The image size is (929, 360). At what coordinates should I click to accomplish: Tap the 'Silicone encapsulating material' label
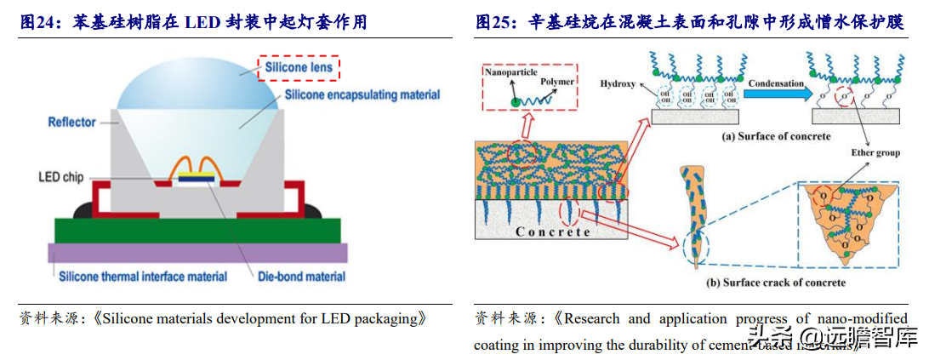[x=362, y=94]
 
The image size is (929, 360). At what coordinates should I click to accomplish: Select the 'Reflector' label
[x=71, y=123]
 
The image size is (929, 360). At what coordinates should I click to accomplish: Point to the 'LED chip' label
[x=60, y=177]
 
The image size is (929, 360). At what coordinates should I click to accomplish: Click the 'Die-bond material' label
[x=301, y=276]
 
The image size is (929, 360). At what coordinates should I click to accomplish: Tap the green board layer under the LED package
[x=196, y=230]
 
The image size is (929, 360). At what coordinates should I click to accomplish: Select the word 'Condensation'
[x=776, y=83]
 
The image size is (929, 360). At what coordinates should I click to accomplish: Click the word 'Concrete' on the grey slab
[x=553, y=231]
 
